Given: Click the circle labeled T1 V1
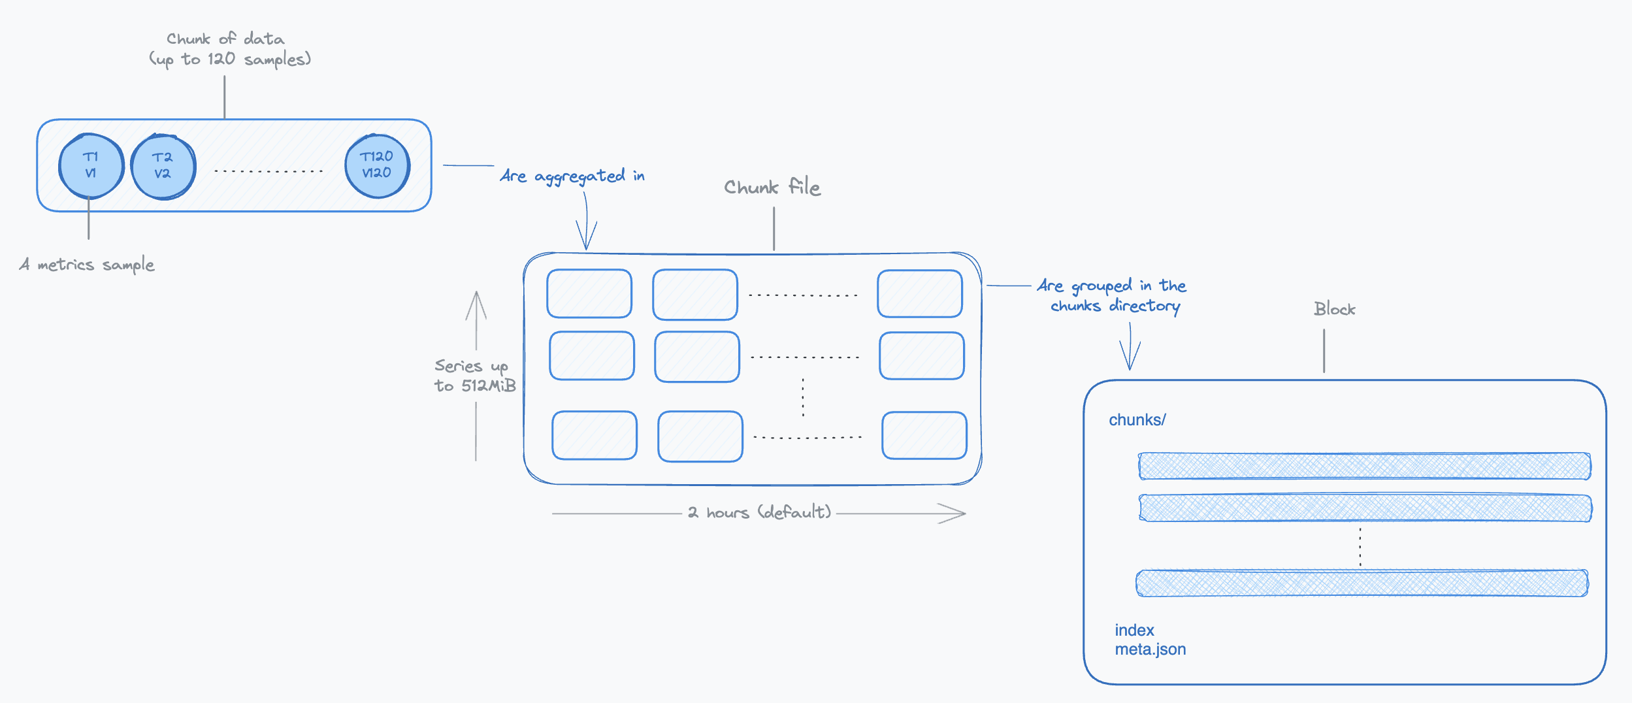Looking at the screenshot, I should coord(91,166).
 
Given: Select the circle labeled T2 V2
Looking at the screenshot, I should coord(163,167).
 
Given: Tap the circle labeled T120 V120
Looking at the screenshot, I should coord(377,166).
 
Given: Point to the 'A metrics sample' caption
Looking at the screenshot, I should coord(87,265).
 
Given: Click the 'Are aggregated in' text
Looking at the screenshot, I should coord(572,176).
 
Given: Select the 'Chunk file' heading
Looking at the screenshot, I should coord(772,188).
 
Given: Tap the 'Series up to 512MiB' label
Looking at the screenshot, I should coord(474,376).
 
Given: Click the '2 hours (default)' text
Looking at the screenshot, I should coord(759,512).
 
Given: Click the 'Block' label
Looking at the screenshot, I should coord(1334,309).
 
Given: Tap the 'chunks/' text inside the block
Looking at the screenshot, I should coord(1137,420).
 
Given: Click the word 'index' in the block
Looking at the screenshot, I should coord(1134,630).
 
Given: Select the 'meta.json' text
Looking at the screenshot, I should coord(1150,649).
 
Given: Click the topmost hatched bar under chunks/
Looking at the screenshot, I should coord(1364,466).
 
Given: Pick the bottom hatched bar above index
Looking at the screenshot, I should coord(1362,583).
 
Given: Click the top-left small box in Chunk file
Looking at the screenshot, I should coord(589,294).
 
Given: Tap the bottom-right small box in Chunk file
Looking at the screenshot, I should coord(924,435).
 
